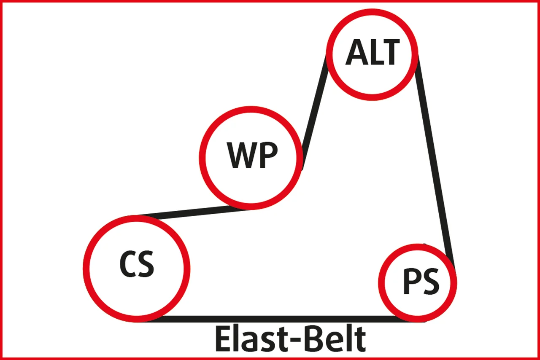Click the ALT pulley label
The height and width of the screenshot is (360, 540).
(372, 53)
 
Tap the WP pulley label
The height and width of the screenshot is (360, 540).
(252, 156)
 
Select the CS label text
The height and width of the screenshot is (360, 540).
(136, 264)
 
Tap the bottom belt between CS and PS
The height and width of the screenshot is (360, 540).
(278, 319)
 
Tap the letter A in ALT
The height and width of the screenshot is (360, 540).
(355, 53)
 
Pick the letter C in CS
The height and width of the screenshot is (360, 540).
(128, 264)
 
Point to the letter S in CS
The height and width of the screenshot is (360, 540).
(146, 264)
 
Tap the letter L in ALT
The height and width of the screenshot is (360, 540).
(373, 53)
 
